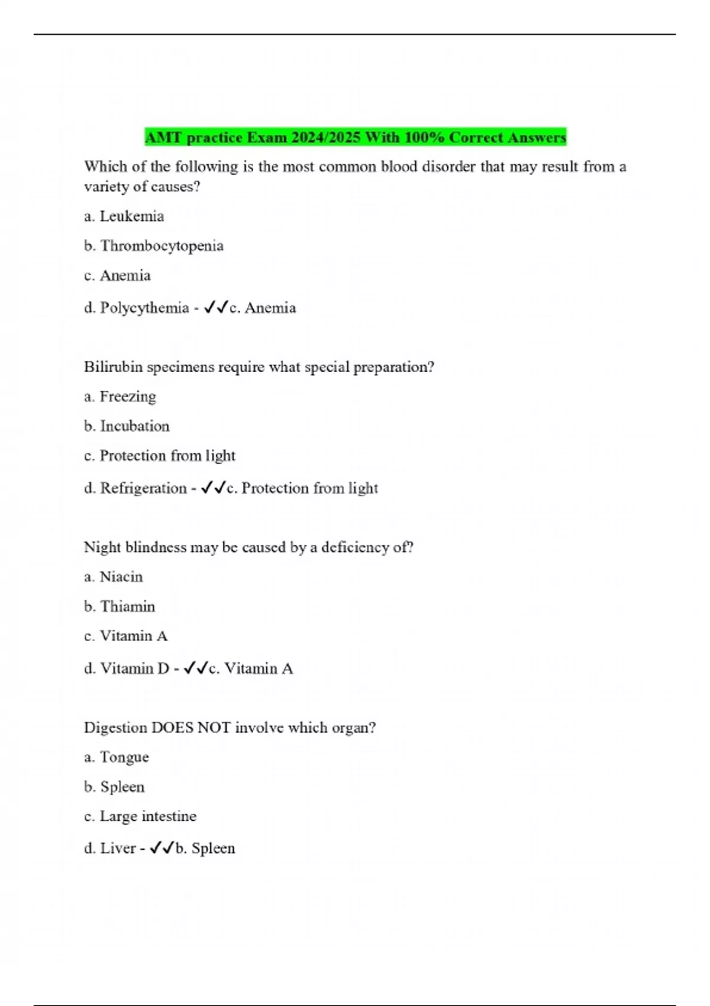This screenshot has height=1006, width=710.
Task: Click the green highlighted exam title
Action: click(x=356, y=137)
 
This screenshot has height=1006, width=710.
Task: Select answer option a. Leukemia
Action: click(x=124, y=216)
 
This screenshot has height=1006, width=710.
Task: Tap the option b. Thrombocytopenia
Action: click(x=154, y=246)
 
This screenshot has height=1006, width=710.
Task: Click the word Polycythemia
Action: click(x=144, y=308)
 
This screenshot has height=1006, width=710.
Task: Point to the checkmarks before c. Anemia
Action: click(x=216, y=307)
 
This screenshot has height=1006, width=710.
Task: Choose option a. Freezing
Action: click(x=120, y=396)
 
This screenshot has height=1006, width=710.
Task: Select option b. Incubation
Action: click(x=127, y=426)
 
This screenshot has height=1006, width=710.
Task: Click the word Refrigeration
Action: click(x=143, y=488)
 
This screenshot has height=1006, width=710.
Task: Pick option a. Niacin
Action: click(x=114, y=577)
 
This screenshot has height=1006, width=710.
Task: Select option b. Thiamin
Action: click(x=120, y=607)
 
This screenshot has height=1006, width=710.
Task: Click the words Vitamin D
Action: click(x=135, y=669)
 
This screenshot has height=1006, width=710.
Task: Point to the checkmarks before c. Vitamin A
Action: click(x=196, y=668)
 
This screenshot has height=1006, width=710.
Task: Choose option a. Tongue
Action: click(x=117, y=757)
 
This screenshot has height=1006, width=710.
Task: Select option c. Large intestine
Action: click(x=140, y=816)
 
